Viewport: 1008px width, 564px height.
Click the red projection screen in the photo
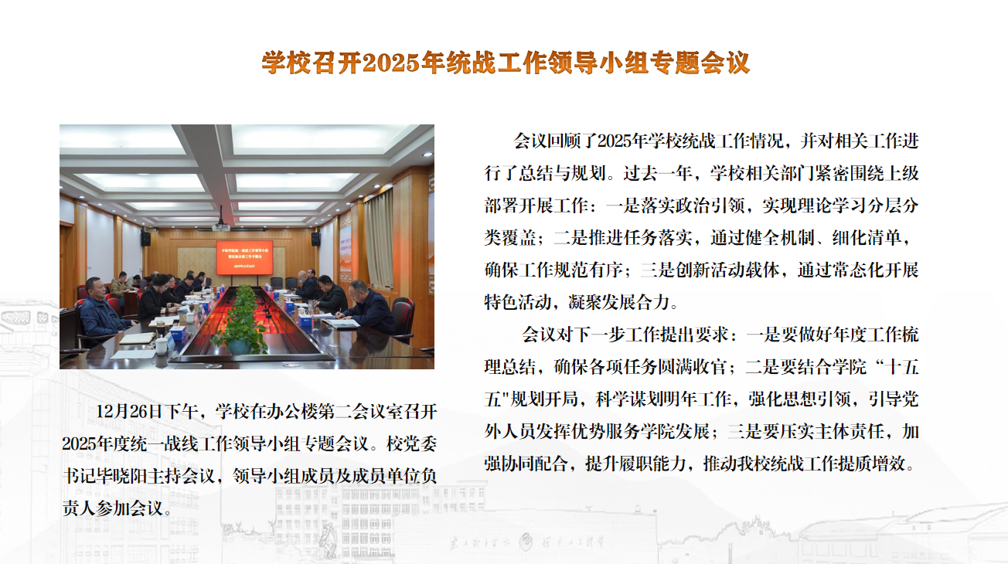[244, 258]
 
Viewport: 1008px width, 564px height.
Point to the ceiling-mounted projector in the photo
[221, 226]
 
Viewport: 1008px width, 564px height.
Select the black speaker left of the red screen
[146, 238]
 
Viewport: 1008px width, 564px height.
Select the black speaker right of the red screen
[316, 239]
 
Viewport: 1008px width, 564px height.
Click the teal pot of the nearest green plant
[239, 346]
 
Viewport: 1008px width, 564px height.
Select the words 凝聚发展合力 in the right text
[619, 302]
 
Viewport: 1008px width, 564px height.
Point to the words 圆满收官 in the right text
[692, 367]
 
